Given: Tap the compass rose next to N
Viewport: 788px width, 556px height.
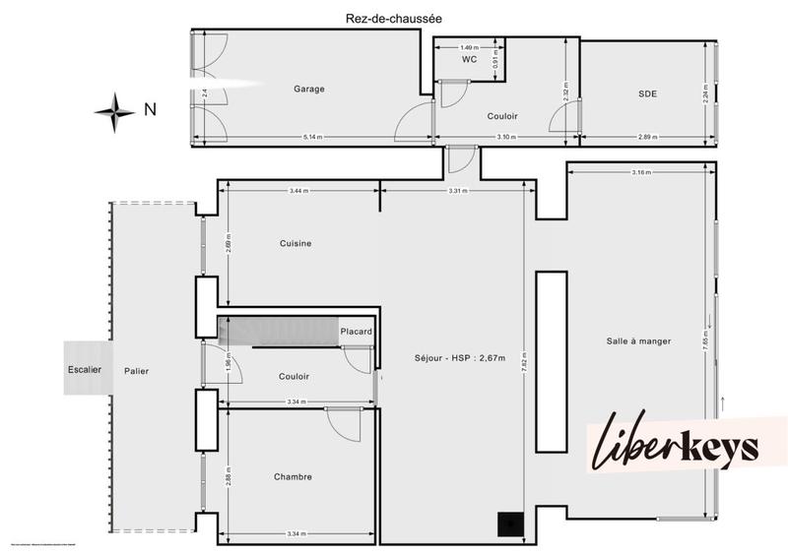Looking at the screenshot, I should [x=115, y=111].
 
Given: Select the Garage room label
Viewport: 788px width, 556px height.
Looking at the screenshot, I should [x=308, y=89].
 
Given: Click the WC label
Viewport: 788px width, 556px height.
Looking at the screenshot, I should [x=469, y=60].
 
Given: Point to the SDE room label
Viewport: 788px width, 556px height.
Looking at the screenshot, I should [x=647, y=93].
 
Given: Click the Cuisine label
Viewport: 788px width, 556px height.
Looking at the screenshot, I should [x=295, y=244].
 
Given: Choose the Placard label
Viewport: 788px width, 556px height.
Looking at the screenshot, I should [x=356, y=332].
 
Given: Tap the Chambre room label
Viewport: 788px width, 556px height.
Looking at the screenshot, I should [x=293, y=477].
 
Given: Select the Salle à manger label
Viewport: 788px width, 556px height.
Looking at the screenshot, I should [x=638, y=341].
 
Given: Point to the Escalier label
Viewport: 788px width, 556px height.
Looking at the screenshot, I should [x=85, y=370].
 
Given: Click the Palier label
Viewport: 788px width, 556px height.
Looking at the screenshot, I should [x=137, y=371].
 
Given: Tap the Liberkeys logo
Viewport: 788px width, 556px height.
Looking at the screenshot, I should [x=676, y=446].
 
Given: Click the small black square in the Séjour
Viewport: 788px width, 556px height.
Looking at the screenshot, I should [x=510, y=525].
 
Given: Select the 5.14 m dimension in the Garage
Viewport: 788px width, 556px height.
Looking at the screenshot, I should [x=310, y=136].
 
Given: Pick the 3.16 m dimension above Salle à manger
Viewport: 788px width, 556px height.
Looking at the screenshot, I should [x=641, y=173].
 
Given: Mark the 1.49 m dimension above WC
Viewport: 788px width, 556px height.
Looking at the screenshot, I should [x=469, y=46].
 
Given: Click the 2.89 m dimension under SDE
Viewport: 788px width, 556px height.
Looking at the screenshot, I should [x=646, y=136].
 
